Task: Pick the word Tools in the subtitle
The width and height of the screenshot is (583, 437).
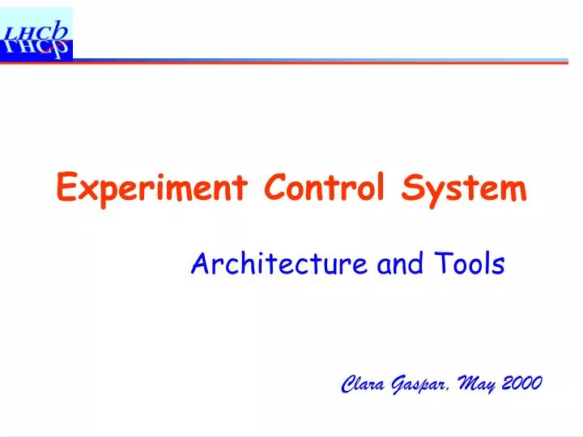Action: pos(470,264)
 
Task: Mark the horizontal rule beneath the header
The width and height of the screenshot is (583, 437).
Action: pos(324,61)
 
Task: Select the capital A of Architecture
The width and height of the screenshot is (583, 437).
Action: pos(198,264)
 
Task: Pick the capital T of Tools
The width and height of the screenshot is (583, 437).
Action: pos(445,264)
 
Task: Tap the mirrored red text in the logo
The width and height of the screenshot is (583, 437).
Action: pos(36,48)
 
